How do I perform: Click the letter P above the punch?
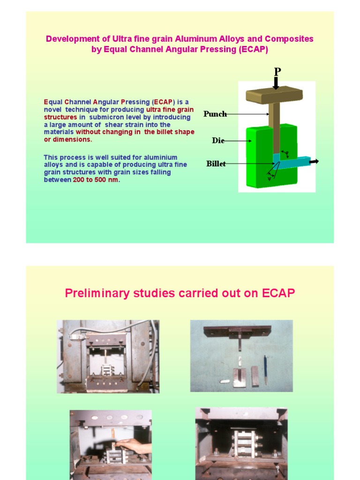277,71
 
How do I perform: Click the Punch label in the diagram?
215,114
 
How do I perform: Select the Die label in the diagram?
217,141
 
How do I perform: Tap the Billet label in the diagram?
216,164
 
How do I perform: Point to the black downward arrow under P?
277,83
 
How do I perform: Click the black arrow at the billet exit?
314,162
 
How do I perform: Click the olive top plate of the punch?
274,96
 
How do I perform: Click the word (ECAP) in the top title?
253,49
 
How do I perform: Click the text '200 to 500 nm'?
96,180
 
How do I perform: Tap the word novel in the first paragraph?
52,109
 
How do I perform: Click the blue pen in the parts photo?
265,369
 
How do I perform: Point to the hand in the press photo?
133,445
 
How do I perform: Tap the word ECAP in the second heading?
278,293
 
